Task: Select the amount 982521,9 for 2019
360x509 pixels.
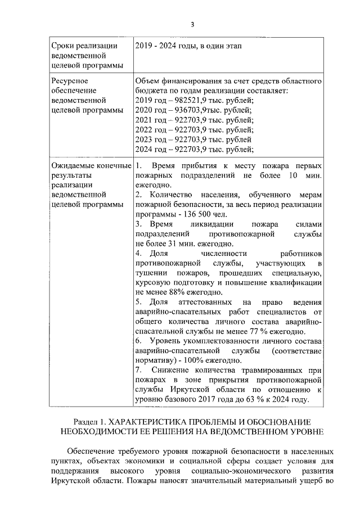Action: pyautogui.click(x=188, y=100)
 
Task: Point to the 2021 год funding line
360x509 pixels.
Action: pyautogui.click(x=194, y=120)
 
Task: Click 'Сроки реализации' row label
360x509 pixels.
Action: pyautogui.click(x=84, y=46)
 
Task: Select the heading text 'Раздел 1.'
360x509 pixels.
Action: pyautogui.click(x=90, y=421)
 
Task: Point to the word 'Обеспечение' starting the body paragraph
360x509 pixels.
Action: pyautogui.click(x=90, y=451)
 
